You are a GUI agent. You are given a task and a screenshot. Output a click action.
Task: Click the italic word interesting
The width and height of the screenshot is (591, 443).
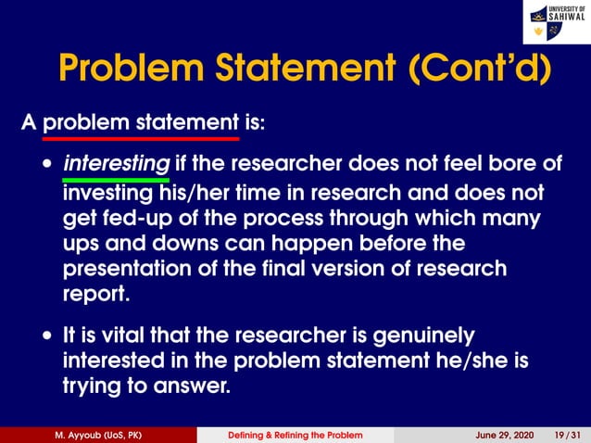click(116, 164)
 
